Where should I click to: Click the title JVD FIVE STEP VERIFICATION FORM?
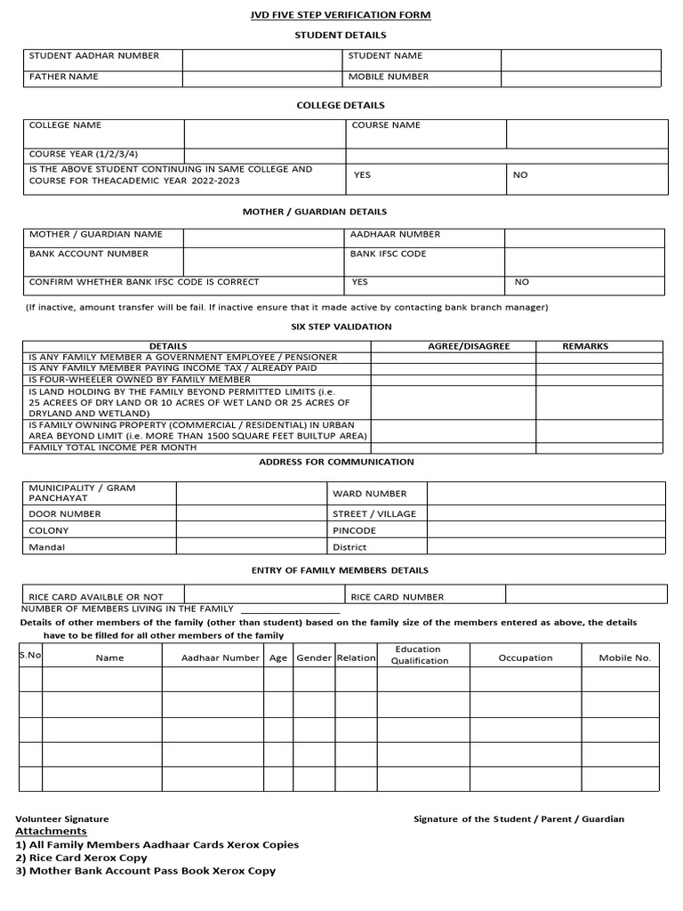pyautogui.click(x=341, y=15)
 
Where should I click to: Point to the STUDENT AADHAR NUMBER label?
pyautogui.click(x=94, y=56)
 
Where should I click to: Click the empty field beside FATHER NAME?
pyautogui.click(x=263, y=77)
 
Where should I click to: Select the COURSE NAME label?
pyautogui.click(x=386, y=125)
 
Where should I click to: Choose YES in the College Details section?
pyautogui.click(x=362, y=175)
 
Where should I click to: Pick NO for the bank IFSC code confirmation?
pyautogui.click(x=521, y=282)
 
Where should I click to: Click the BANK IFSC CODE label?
pyautogui.click(x=389, y=254)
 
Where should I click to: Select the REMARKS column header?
pyautogui.click(x=585, y=346)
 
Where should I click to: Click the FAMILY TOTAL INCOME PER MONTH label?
pyautogui.click(x=113, y=447)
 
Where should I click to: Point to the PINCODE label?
pyautogui.click(x=354, y=531)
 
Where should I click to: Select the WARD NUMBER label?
pyautogui.click(x=369, y=494)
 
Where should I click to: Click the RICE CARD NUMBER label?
pyautogui.click(x=397, y=597)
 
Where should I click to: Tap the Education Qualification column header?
pyautogui.click(x=420, y=656)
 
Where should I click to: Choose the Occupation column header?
pyautogui.click(x=525, y=658)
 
